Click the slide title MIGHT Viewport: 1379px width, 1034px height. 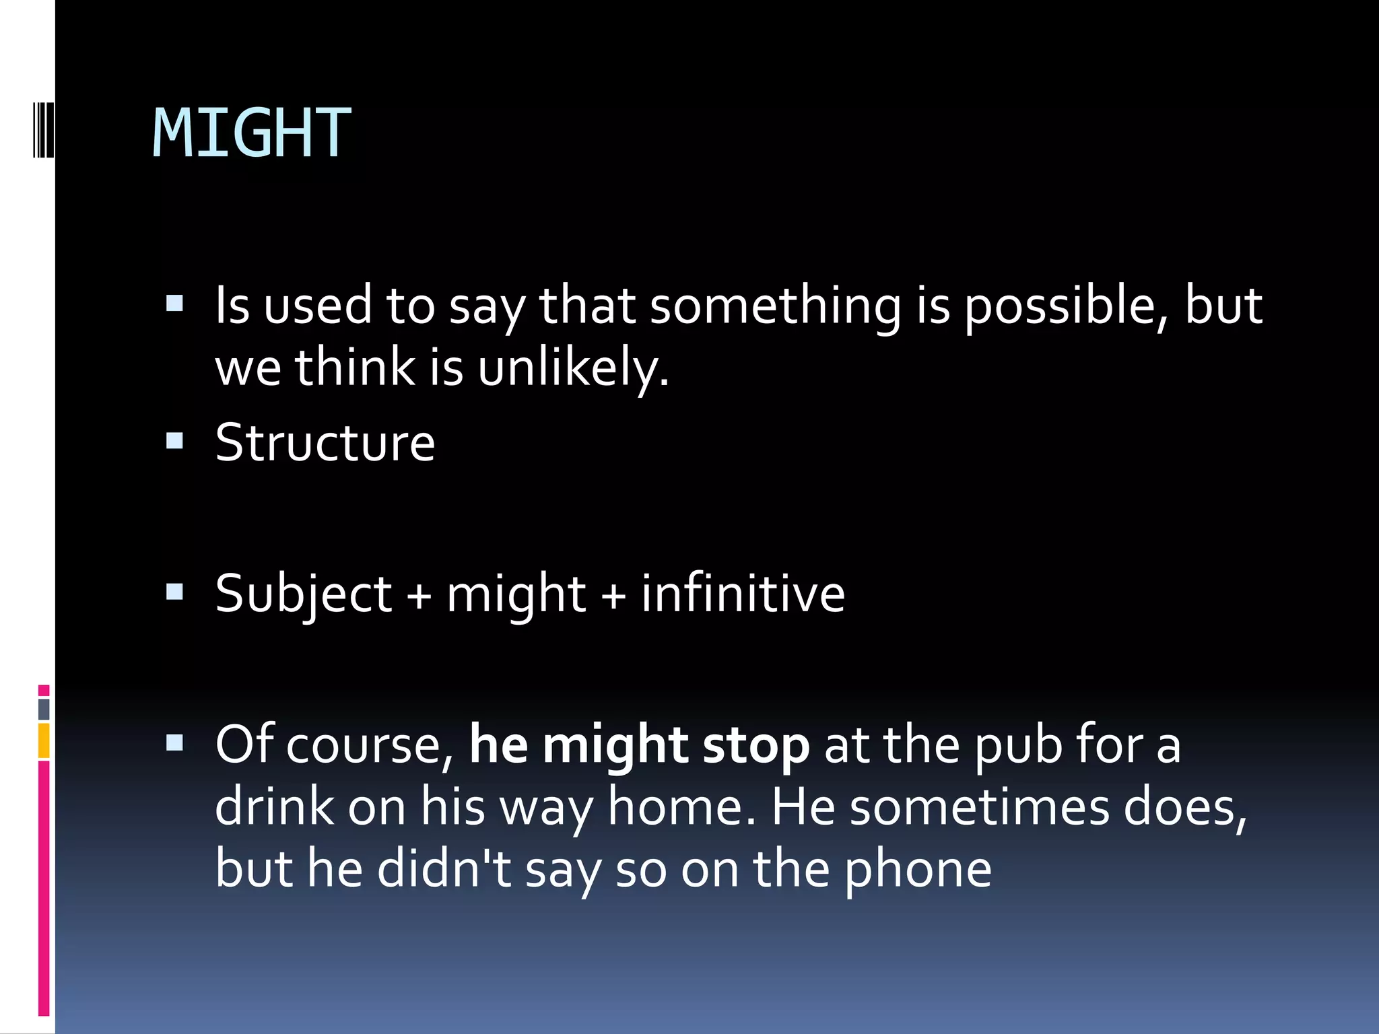point(252,133)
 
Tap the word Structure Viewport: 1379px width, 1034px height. point(325,443)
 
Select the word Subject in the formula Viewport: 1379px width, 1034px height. point(303,594)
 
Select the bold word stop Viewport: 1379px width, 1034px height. point(755,746)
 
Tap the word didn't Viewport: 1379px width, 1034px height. point(444,868)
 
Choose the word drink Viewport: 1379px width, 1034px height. point(274,807)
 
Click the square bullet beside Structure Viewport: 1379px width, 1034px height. point(174,441)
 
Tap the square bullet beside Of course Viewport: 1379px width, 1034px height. point(174,743)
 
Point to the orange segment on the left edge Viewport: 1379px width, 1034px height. point(44,740)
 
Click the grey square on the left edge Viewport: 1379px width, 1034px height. point(44,709)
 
